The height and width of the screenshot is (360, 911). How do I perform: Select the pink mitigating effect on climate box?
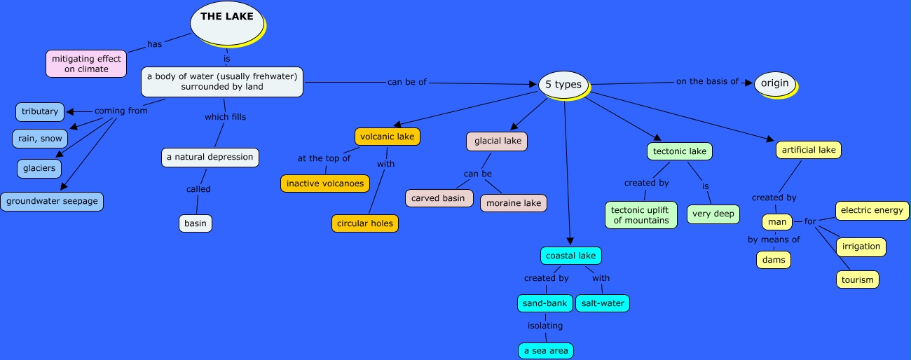point(86,64)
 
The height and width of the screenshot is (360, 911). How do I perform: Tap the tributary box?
point(40,111)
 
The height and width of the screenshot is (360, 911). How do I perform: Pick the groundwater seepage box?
point(52,202)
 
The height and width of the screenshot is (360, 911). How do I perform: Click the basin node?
point(195,223)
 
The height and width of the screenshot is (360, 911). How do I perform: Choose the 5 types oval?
point(563,84)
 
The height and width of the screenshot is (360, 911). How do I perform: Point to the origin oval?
point(775,83)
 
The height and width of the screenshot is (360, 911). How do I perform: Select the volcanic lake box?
point(387,137)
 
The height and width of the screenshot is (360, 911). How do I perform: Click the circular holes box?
point(365,223)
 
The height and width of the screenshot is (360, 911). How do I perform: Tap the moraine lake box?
point(513,203)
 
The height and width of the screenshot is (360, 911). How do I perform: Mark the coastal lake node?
point(570,256)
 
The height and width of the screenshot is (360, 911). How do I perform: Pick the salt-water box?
point(602,303)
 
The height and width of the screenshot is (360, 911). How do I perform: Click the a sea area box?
point(546,350)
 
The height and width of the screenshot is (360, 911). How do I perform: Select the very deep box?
point(713,214)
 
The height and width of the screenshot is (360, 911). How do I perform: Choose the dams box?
point(774,260)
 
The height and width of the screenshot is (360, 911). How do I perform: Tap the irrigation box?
point(861,247)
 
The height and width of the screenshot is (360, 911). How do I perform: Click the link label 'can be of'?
point(406,82)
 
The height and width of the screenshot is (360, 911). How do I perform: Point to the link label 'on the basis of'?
point(707,81)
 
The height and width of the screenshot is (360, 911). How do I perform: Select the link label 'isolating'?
point(545,326)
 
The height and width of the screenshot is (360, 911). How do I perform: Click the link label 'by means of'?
point(774,240)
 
